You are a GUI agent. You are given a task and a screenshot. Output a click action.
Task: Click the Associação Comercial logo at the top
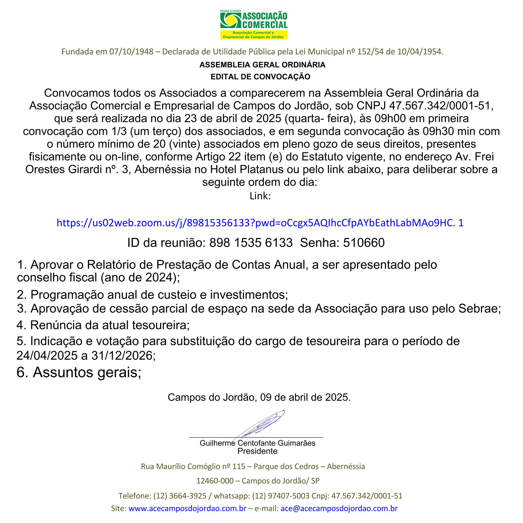[254, 24]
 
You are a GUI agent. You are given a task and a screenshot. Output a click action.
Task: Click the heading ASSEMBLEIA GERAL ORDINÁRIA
[262, 65]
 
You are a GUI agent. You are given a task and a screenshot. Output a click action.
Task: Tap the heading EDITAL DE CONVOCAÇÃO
[260, 77]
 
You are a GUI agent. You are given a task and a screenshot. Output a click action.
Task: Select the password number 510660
[364, 243]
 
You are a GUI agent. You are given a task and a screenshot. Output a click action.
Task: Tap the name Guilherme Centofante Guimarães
[257, 443]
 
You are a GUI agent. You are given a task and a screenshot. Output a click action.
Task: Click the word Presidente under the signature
[257, 451]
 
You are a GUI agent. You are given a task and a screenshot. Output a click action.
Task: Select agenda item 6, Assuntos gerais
[79, 373]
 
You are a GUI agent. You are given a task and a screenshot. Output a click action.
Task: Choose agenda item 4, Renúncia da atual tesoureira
[103, 325]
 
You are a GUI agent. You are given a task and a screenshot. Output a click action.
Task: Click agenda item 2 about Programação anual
[152, 295]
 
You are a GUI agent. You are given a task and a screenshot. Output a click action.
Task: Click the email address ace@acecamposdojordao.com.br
[339, 508]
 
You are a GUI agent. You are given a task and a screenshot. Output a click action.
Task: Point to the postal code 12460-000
[215, 481]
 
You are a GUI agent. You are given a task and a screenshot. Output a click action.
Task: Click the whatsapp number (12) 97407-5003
[281, 496]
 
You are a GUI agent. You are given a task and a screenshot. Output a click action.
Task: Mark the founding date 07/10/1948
[131, 52]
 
